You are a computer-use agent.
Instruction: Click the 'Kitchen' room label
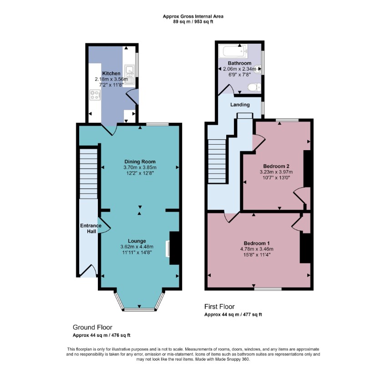pos(112,73)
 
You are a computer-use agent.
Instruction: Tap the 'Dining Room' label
pos(140,162)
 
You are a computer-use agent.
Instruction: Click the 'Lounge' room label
pos(137,241)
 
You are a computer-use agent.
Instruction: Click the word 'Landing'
pos(240,105)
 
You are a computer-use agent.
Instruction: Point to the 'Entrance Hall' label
pos(88,228)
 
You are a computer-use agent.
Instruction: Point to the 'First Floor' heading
pos(220,307)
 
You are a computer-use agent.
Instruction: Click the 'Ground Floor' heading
pos(92,327)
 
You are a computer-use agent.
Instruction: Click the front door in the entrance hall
pos(89,271)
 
